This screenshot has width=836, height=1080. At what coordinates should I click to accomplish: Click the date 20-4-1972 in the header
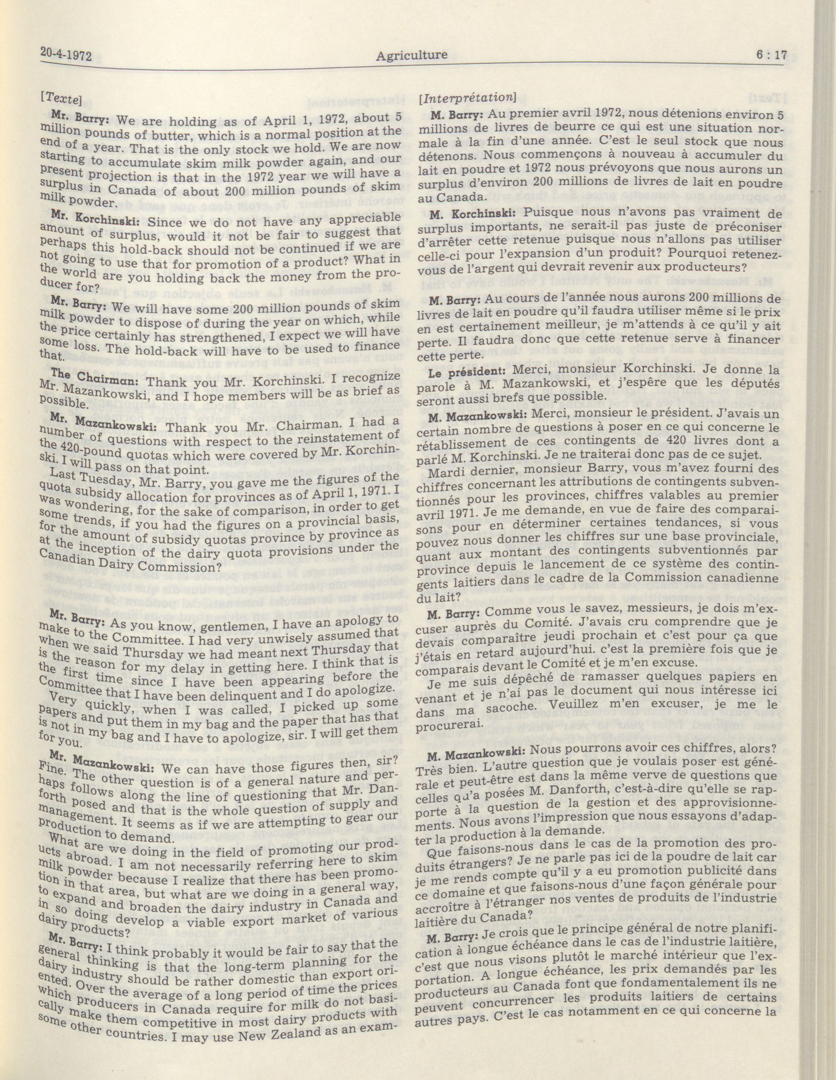pyautogui.click(x=67, y=55)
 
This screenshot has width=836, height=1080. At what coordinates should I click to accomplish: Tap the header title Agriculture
pyautogui.click(x=411, y=55)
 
